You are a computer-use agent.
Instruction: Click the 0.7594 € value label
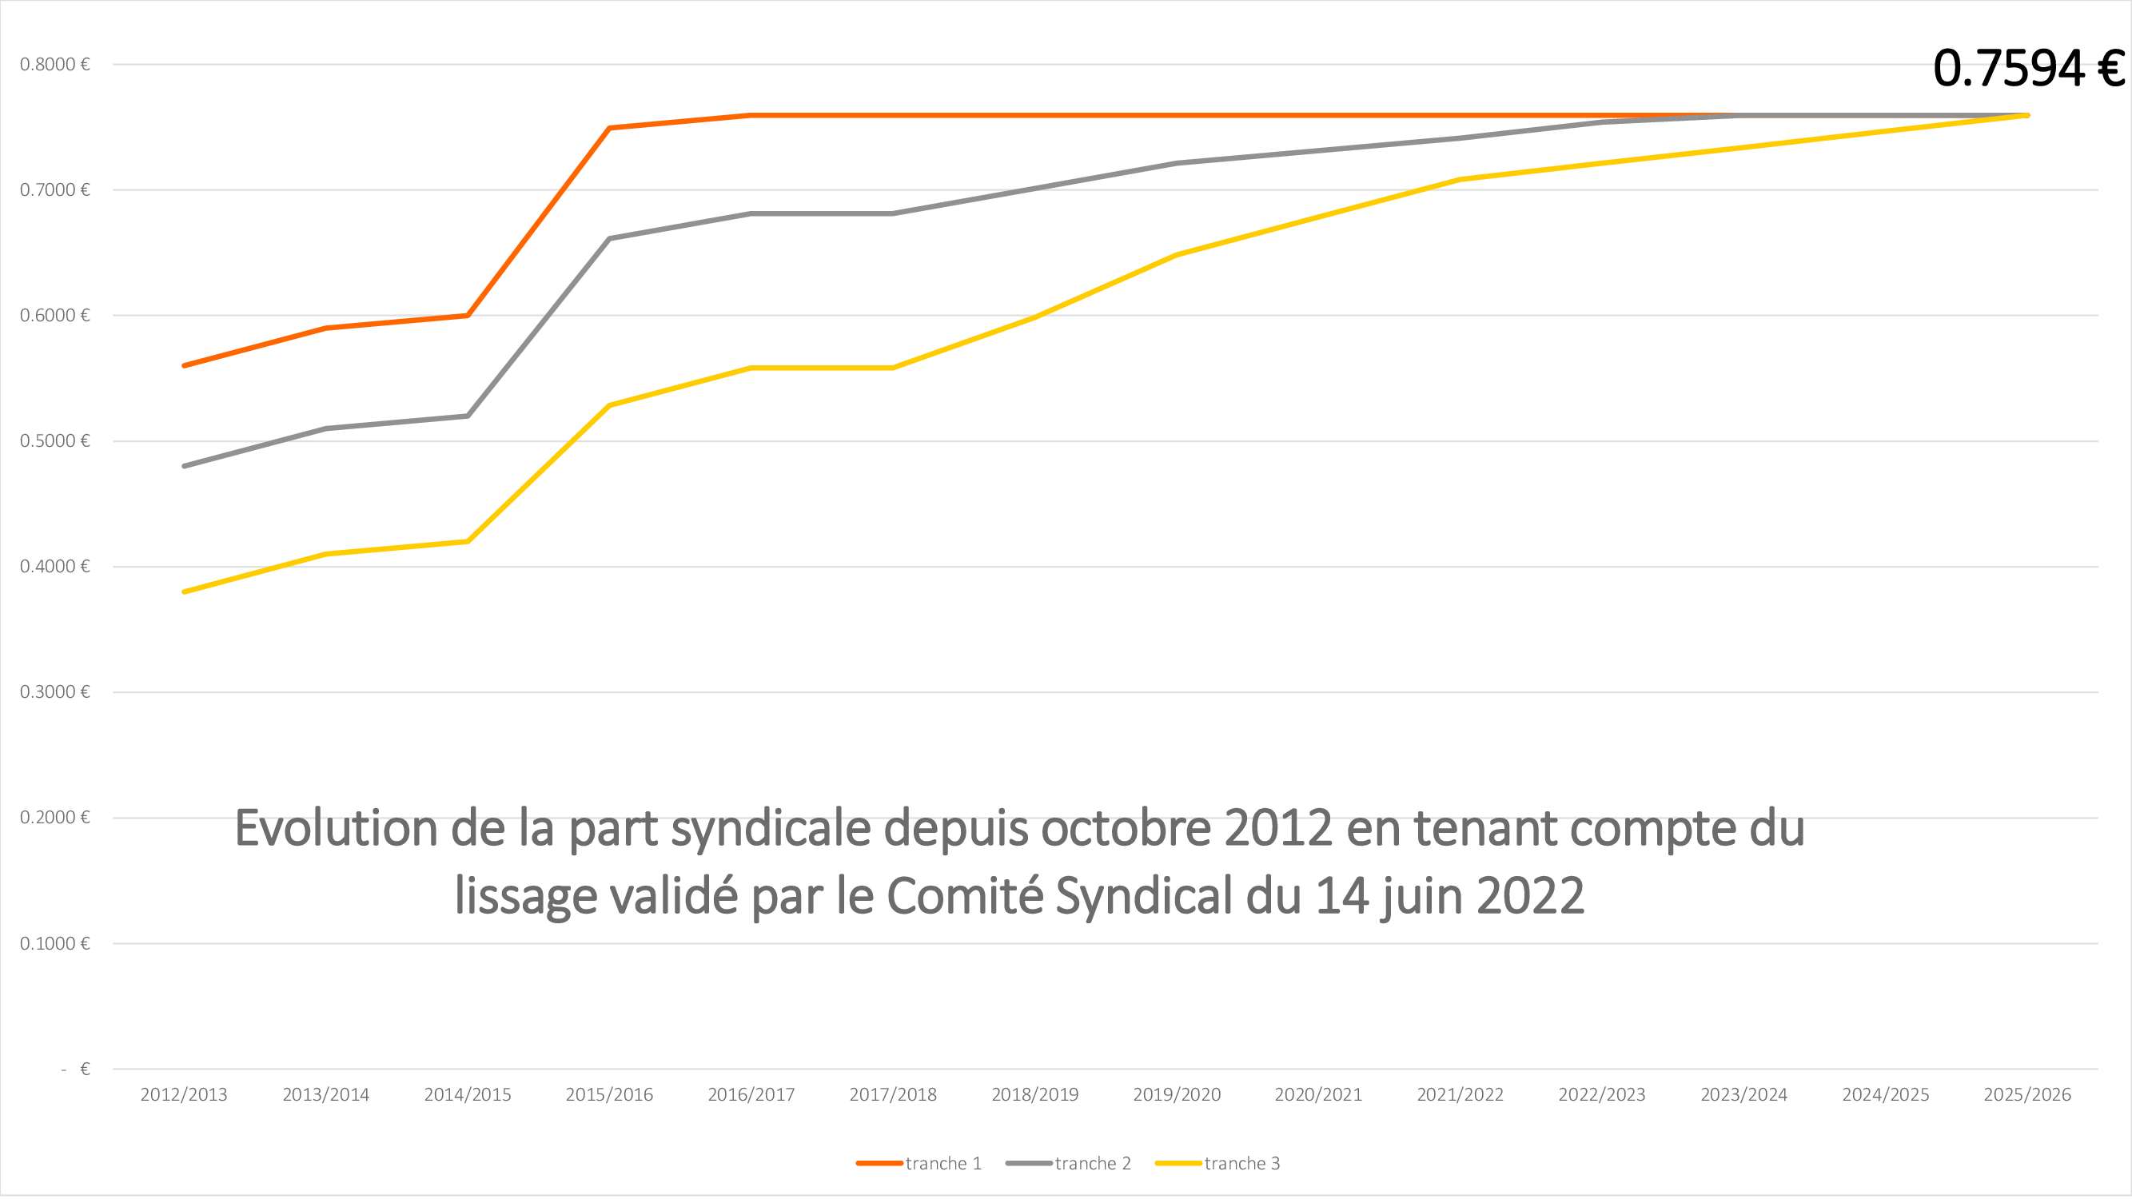click(x=2028, y=68)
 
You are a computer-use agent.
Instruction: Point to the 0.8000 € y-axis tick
click(x=54, y=65)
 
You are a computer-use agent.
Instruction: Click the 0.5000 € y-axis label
click(x=54, y=441)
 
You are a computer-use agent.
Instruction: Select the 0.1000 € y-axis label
click(x=54, y=943)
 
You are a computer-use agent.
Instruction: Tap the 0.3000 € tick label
click(x=54, y=691)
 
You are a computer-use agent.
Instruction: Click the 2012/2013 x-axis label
click(x=184, y=1095)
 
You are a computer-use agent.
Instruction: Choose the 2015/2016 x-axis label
click(x=609, y=1095)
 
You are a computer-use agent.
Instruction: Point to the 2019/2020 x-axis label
click(x=1176, y=1095)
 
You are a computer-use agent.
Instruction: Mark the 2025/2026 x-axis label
click(x=2027, y=1095)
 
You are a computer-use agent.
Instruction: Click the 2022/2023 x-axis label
click(x=1601, y=1095)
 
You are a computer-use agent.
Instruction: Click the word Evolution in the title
click(x=335, y=828)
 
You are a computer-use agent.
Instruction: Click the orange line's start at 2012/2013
click(x=184, y=366)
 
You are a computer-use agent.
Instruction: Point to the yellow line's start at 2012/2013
click(x=184, y=592)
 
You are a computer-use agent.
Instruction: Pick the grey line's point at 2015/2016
click(x=609, y=239)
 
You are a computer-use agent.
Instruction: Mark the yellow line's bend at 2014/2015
click(x=468, y=542)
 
